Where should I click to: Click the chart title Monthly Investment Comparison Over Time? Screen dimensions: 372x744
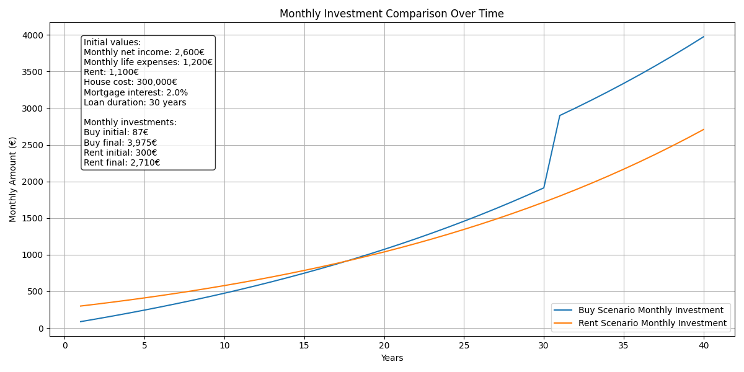click(391, 14)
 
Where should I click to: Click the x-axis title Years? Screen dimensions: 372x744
click(391, 358)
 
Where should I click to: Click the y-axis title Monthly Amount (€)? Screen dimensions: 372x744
click(13, 179)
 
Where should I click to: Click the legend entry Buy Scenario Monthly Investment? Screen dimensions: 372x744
click(650, 310)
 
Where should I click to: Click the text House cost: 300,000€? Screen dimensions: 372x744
click(130, 82)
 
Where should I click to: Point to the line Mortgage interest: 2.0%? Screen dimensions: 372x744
click(136, 92)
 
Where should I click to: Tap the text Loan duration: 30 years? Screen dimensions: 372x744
click(135, 102)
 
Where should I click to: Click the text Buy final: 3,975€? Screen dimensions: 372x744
click(120, 143)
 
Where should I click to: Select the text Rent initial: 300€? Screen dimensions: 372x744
click(120, 153)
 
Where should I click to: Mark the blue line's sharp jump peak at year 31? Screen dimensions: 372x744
click(560, 115)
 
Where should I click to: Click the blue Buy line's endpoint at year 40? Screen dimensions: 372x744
click(704, 37)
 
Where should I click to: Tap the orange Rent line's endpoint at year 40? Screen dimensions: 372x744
click(704, 130)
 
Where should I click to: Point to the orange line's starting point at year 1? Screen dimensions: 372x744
click(81, 306)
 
